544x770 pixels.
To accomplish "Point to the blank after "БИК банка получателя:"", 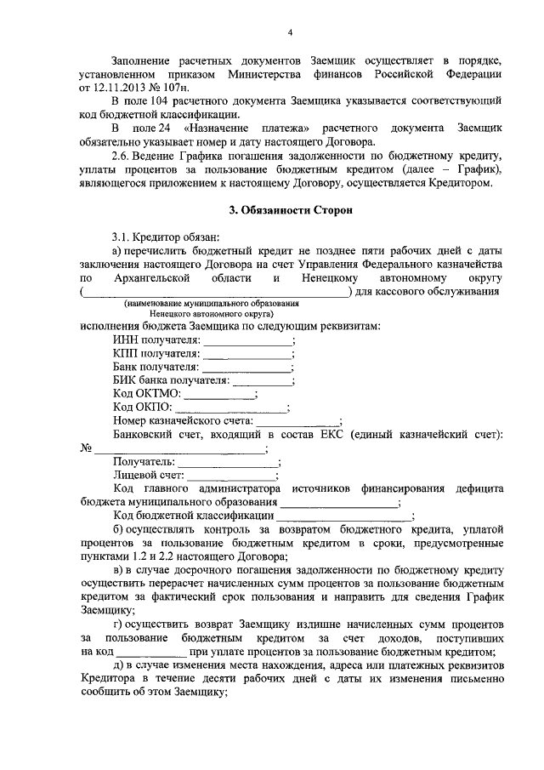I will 263,381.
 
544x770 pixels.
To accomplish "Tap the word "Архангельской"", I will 153,278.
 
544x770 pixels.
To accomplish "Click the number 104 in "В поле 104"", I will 160,100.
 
